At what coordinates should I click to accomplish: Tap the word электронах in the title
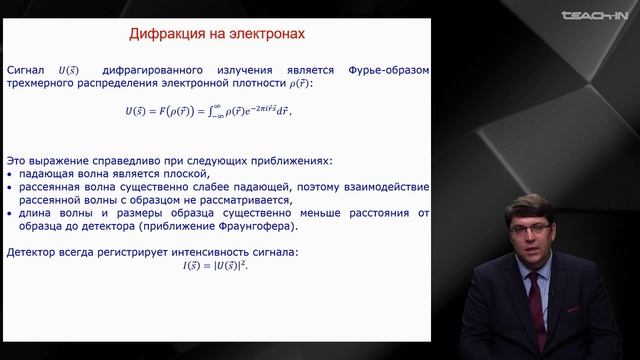pyautogui.click(x=264, y=35)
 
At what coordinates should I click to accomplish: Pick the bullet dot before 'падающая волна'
pyautogui.click(x=10, y=173)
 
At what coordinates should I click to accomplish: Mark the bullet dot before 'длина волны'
pyautogui.click(x=10, y=213)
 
